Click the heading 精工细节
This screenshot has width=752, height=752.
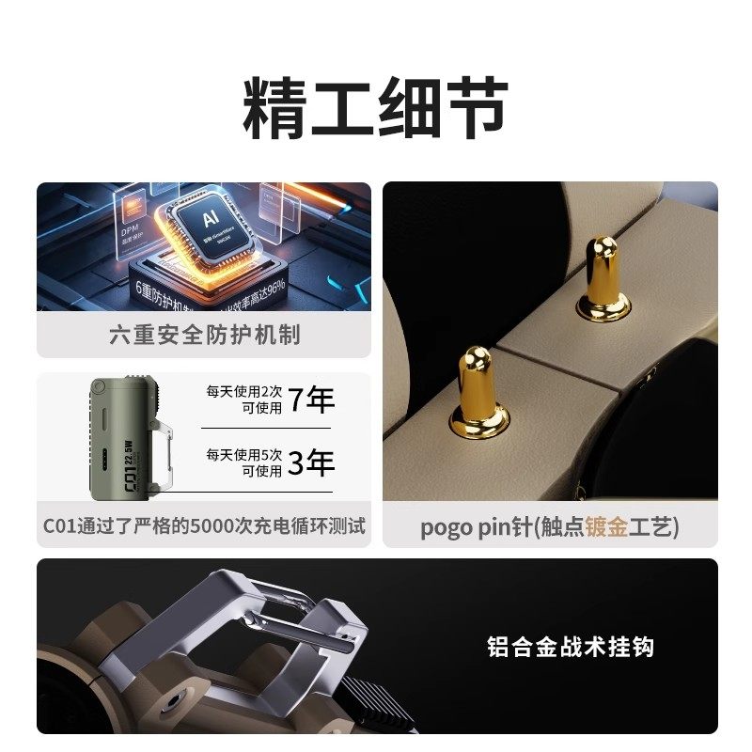coord(376,109)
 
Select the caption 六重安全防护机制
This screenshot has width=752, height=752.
coord(204,335)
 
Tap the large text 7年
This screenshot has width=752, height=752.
coord(311,400)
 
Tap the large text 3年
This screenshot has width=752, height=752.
coord(311,462)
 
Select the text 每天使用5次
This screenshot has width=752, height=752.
coord(244,455)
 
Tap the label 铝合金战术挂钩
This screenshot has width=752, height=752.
coord(571,646)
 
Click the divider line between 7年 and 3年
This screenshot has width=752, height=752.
coord(268,430)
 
